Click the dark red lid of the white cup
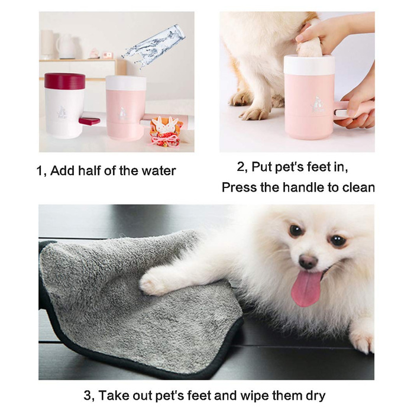pos(64,80)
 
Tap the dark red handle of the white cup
pos(89,121)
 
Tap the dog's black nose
pos(308,261)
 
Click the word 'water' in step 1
pos(158,171)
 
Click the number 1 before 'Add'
pos(40,171)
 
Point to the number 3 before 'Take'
pos(88,395)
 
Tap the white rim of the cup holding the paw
pos(309,64)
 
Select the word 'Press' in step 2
pos(238,187)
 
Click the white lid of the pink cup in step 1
pos(126,83)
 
